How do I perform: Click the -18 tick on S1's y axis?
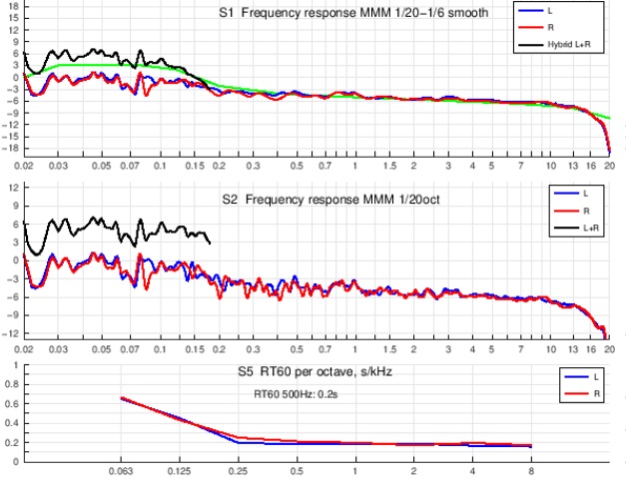point(11,149)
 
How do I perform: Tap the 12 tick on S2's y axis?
point(13,188)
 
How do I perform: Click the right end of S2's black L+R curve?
point(210,243)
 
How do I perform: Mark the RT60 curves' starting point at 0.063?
point(122,398)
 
